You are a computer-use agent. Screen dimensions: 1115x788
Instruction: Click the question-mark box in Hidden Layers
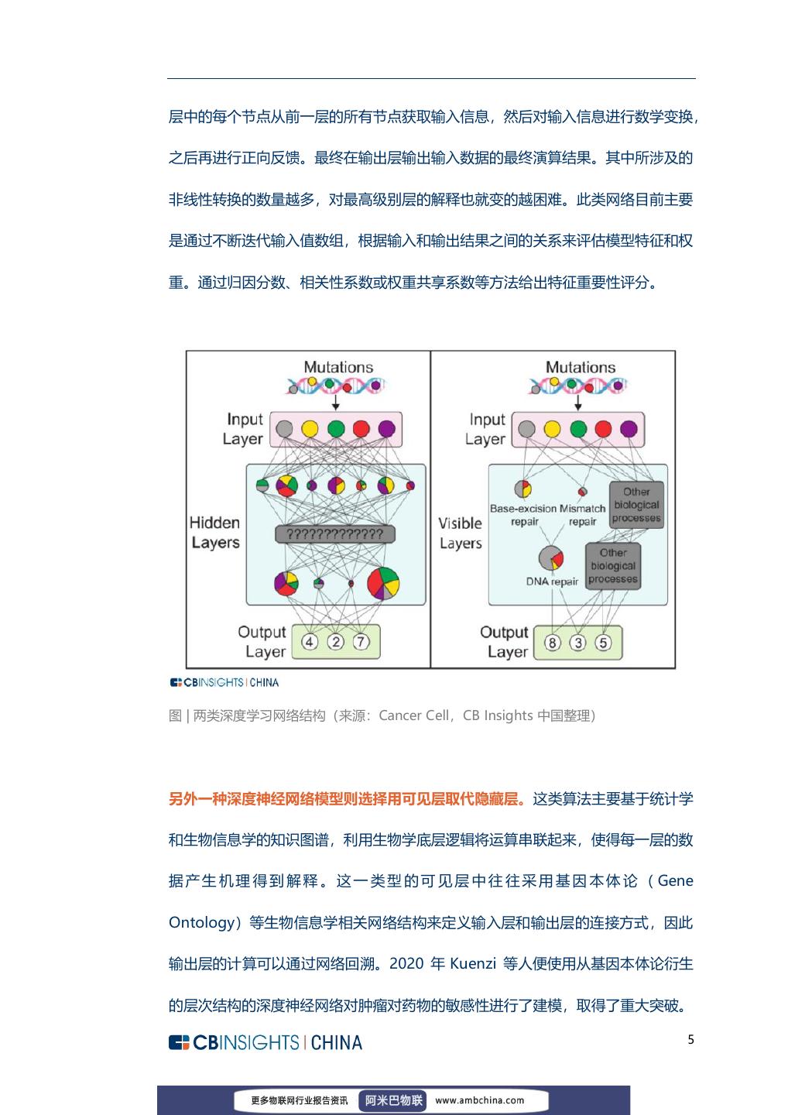[x=334, y=534]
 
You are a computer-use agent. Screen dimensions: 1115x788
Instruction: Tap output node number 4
[x=310, y=642]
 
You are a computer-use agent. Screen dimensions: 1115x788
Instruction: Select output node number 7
[x=361, y=642]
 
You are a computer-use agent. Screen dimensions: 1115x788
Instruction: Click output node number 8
[x=552, y=643]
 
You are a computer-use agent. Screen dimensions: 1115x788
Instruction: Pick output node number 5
[x=603, y=643]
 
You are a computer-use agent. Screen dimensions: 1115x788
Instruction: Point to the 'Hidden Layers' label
[x=215, y=532]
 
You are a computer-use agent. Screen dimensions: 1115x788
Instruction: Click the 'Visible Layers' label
[x=461, y=533]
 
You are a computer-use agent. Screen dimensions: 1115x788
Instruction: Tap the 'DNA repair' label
[x=552, y=582]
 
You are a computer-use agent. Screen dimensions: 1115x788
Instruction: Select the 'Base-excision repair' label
[x=523, y=515]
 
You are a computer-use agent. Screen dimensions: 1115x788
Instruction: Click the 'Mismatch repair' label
[x=582, y=515]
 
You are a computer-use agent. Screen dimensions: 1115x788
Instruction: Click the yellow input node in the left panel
[x=310, y=428]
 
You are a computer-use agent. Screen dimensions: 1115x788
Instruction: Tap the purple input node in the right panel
[x=629, y=428]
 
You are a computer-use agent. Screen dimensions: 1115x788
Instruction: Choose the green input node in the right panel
[x=577, y=428]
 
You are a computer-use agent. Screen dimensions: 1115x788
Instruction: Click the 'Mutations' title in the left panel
[x=337, y=367]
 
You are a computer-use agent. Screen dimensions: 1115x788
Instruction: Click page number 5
[x=690, y=1040]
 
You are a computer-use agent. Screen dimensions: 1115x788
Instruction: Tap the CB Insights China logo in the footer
[x=266, y=1042]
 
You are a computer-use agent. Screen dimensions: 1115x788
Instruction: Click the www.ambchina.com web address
[x=479, y=1100]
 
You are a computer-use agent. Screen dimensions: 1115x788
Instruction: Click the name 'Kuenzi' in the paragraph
[x=474, y=964]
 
